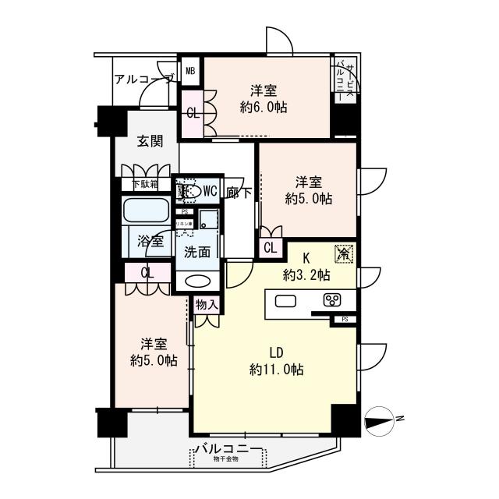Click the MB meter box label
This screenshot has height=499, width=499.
[x=189, y=70]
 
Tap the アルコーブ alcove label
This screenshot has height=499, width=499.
[x=143, y=79]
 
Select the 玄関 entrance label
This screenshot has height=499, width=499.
[x=150, y=141]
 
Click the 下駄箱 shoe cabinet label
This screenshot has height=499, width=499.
[x=144, y=185]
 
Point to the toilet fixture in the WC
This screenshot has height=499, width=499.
[x=187, y=192]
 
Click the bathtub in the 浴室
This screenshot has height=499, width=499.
[x=146, y=211]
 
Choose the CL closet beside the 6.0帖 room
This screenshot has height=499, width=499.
[x=193, y=112]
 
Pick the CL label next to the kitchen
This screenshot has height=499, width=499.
[x=270, y=249]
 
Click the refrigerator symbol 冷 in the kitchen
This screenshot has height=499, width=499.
[x=343, y=253]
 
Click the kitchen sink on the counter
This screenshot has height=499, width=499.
[x=285, y=302]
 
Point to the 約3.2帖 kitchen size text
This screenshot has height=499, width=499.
[x=306, y=275]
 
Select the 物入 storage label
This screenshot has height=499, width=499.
[x=207, y=304]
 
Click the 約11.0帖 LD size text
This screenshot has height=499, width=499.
[x=277, y=369]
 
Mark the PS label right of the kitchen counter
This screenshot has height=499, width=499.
[x=344, y=320]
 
